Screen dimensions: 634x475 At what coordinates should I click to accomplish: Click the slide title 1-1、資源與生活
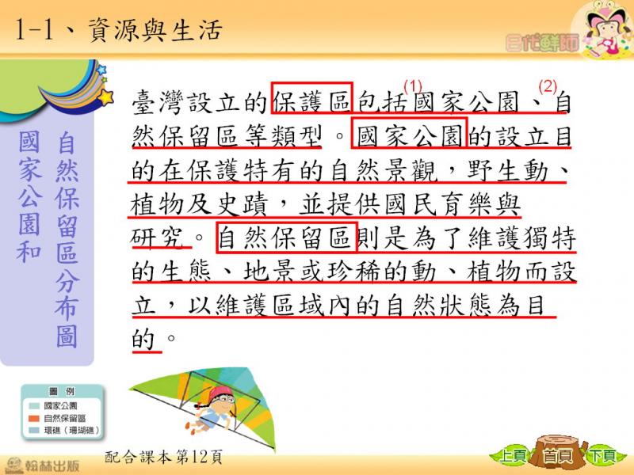pyautogui.click(x=119, y=30)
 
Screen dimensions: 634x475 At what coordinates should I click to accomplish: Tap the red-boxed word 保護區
pyautogui.click(x=311, y=100)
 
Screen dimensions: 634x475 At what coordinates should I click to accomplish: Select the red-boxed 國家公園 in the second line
pyautogui.click(x=410, y=134)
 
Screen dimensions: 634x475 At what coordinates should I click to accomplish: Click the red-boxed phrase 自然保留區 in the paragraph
pyautogui.click(x=287, y=237)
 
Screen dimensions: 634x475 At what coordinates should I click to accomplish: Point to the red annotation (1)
pyautogui.click(x=413, y=85)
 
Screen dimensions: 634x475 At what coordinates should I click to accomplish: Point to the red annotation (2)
pyautogui.click(x=548, y=86)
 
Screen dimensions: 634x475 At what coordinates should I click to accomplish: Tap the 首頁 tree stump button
pyautogui.click(x=559, y=453)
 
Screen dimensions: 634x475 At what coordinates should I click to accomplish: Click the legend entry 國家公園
pyautogui.click(x=61, y=405)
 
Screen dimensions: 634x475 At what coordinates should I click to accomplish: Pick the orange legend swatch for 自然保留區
pyautogui.click(x=34, y=419)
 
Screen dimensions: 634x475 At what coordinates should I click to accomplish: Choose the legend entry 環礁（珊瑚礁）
pyautogui.click(x=71, y=431)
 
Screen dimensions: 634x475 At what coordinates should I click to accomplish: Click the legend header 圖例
pyautogui.click(x=62, y=391)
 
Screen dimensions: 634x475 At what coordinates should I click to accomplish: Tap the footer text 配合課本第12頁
pyautogui.click(x=163, y=457)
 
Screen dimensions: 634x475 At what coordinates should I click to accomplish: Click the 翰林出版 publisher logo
pyautogui.click(x=42, y=465)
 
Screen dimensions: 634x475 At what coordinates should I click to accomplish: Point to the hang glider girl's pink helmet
pyautogui.click(x=221, y=392)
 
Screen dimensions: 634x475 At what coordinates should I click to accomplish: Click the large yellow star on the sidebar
pyautogui.click(x=106, y=97)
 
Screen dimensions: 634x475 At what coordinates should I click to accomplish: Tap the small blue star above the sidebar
pyautogui.click(x=101, y=70)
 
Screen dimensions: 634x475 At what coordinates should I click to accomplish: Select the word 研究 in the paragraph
pyautogui.click(x=158, y=238)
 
